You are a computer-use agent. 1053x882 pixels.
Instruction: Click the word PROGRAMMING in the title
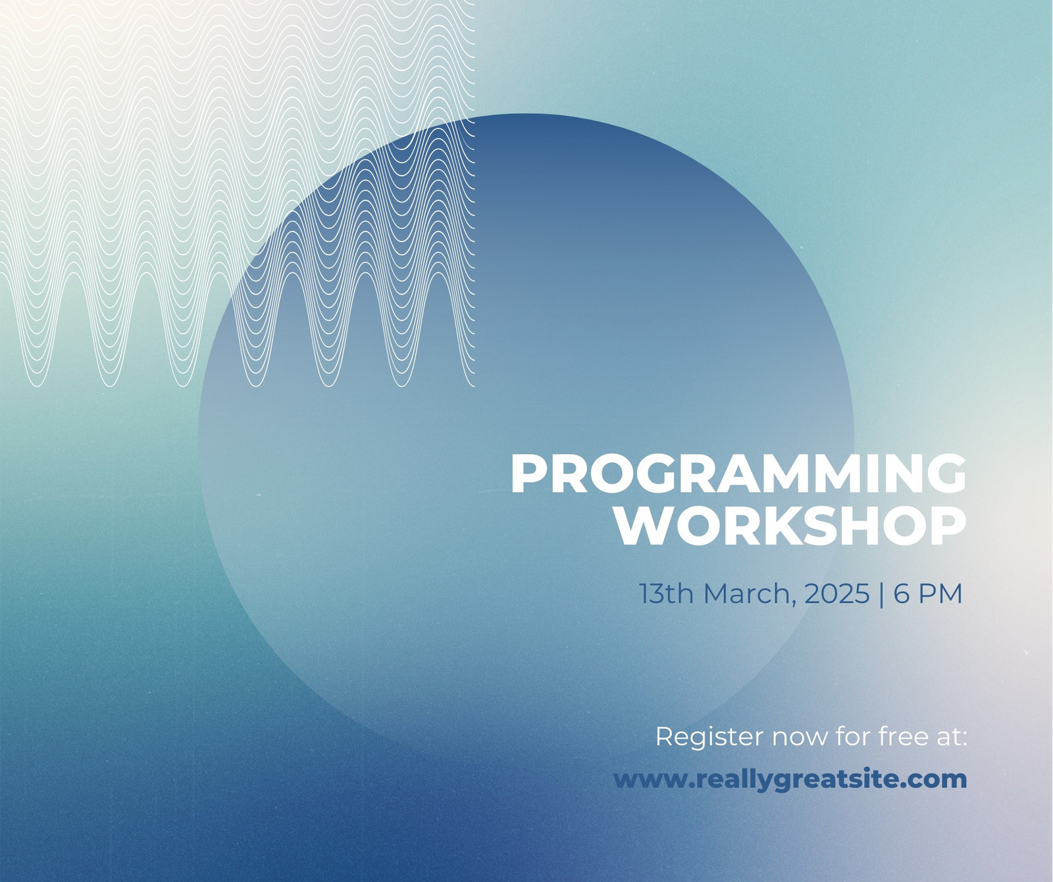[x=738, y=474]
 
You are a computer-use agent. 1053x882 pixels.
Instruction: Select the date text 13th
[x=667, y=593]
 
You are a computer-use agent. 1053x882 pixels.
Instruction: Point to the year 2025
[x=837, y=593]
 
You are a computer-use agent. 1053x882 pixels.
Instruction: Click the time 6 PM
[x=928, y=593]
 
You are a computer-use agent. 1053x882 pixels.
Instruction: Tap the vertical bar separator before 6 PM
[x=882, y=593]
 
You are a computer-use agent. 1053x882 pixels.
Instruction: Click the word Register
[x=710, y=737]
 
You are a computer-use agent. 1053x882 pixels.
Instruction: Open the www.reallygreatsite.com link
[x=790, y=780]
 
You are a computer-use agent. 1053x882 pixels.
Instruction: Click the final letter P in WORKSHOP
[x=949, y=526]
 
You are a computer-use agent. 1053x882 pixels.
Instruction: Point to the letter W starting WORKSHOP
[x=642, y=526]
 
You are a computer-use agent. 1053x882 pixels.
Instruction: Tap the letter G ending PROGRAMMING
[x=946, y=474]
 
